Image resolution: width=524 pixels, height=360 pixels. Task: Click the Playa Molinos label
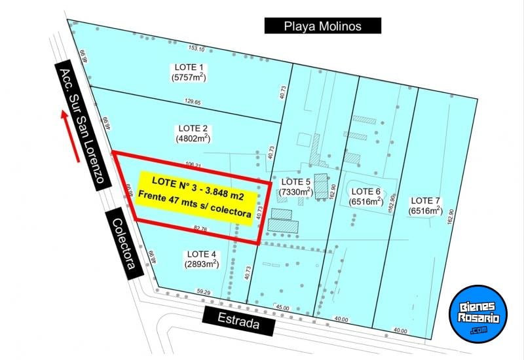tap(322, 26)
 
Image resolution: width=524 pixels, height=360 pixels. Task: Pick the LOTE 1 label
tap(190, 67)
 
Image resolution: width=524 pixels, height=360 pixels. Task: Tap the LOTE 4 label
tap(201, 254)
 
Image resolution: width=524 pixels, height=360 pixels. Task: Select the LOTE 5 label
tap(295, 181)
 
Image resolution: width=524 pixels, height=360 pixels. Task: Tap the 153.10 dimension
tap(196, 48)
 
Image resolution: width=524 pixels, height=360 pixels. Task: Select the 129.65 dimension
tap(193, 102)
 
